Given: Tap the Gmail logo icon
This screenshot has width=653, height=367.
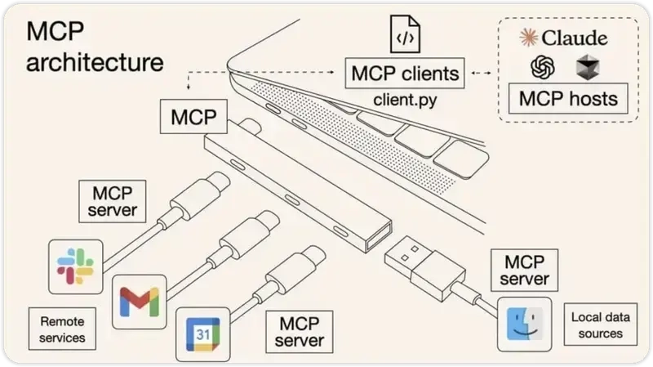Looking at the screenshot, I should click(x=139, y=302).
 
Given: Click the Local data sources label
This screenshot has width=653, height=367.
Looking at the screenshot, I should click(x=597, y=324).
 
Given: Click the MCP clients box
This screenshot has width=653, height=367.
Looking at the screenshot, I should click(x=406, y=74).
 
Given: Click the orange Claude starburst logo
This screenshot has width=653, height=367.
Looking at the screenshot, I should click(x=531, y=37).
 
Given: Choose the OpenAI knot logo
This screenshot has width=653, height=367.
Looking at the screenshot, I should click(x=542, y=66).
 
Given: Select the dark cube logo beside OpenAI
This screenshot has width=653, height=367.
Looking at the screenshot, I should click(x=588, y=66).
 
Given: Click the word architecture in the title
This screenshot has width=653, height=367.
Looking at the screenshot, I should click(x=94, y=63).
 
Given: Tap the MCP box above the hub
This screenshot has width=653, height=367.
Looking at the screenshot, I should click(x=193, y=118).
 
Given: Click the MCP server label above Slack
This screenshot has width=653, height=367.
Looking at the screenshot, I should click(x=113, y=201).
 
